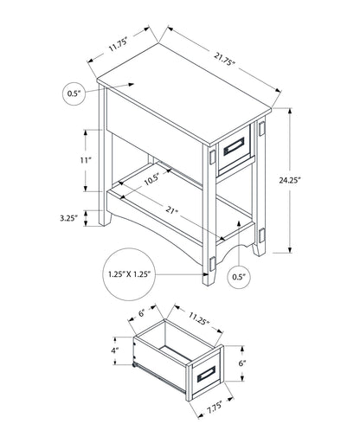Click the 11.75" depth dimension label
[x=118, y=45]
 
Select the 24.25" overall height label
[x=290, y=180]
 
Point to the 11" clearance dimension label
[x=86, y=160]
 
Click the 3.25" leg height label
[x=69, y=218]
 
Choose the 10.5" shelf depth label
[x=151, y=180]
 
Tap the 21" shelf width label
[x=171, y=210]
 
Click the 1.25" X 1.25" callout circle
[x=130, y=274]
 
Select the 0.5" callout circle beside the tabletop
[x=74, y=93]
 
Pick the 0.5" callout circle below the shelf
[x=239, y=277]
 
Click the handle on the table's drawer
[x=234, y=146]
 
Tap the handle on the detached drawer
[x=206, y=375]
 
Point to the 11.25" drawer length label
[x=199, y=318]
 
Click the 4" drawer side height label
[x=115, y=350]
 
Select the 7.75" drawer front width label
[x=214, y=405]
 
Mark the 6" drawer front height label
[x=242, y=363]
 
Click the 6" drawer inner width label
[x=142, y=312]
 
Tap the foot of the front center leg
[x=209, y=279]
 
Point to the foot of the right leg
[x=259, y=250]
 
